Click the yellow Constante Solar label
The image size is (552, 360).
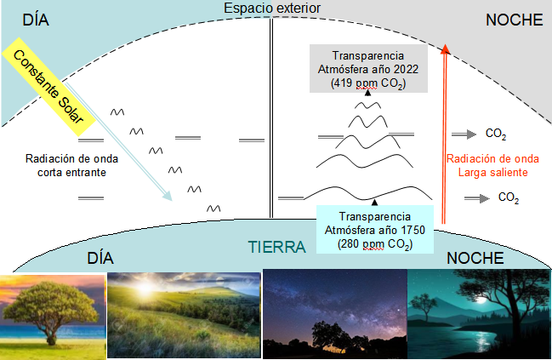tap(49, 87)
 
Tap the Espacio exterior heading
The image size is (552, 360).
tap(272, 9)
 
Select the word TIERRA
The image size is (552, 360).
tap(276, 247)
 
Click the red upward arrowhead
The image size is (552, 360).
tap(446, 49)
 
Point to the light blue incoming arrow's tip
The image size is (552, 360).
tap(171, 200)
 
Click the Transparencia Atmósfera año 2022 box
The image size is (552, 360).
tap(368, 69)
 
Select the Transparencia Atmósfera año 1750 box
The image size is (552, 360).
tap(375, 230)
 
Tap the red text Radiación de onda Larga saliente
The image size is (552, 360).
tap(492, 166)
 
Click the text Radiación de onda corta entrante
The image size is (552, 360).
tap(71, 166)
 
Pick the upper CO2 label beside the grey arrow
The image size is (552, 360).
tap(496, 134)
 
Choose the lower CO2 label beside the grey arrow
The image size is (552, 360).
tap(509, 197)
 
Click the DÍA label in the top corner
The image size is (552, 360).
tap(36, 20)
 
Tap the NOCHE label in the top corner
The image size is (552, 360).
tap(515, 20)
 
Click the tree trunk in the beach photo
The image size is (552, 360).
tap(51, 336)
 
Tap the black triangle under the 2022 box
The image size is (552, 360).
tap(368, 93)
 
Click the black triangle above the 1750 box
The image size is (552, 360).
tap(374, 203)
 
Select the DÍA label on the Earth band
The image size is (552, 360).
tap(100, 259)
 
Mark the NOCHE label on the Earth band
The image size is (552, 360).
tap(475, 259)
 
